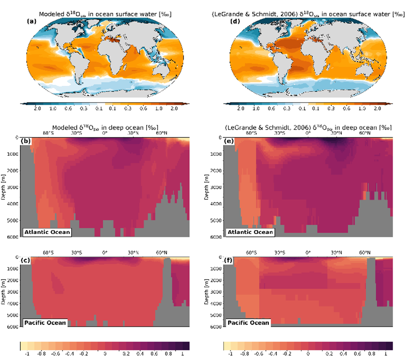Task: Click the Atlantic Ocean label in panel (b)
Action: [x=47, y=232]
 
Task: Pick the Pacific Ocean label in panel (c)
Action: [x=45, y=323]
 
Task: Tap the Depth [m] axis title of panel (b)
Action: [x=4, y=187]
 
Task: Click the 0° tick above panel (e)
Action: [x=308, y=133]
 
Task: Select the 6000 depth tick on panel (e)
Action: [x=216, y=236]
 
